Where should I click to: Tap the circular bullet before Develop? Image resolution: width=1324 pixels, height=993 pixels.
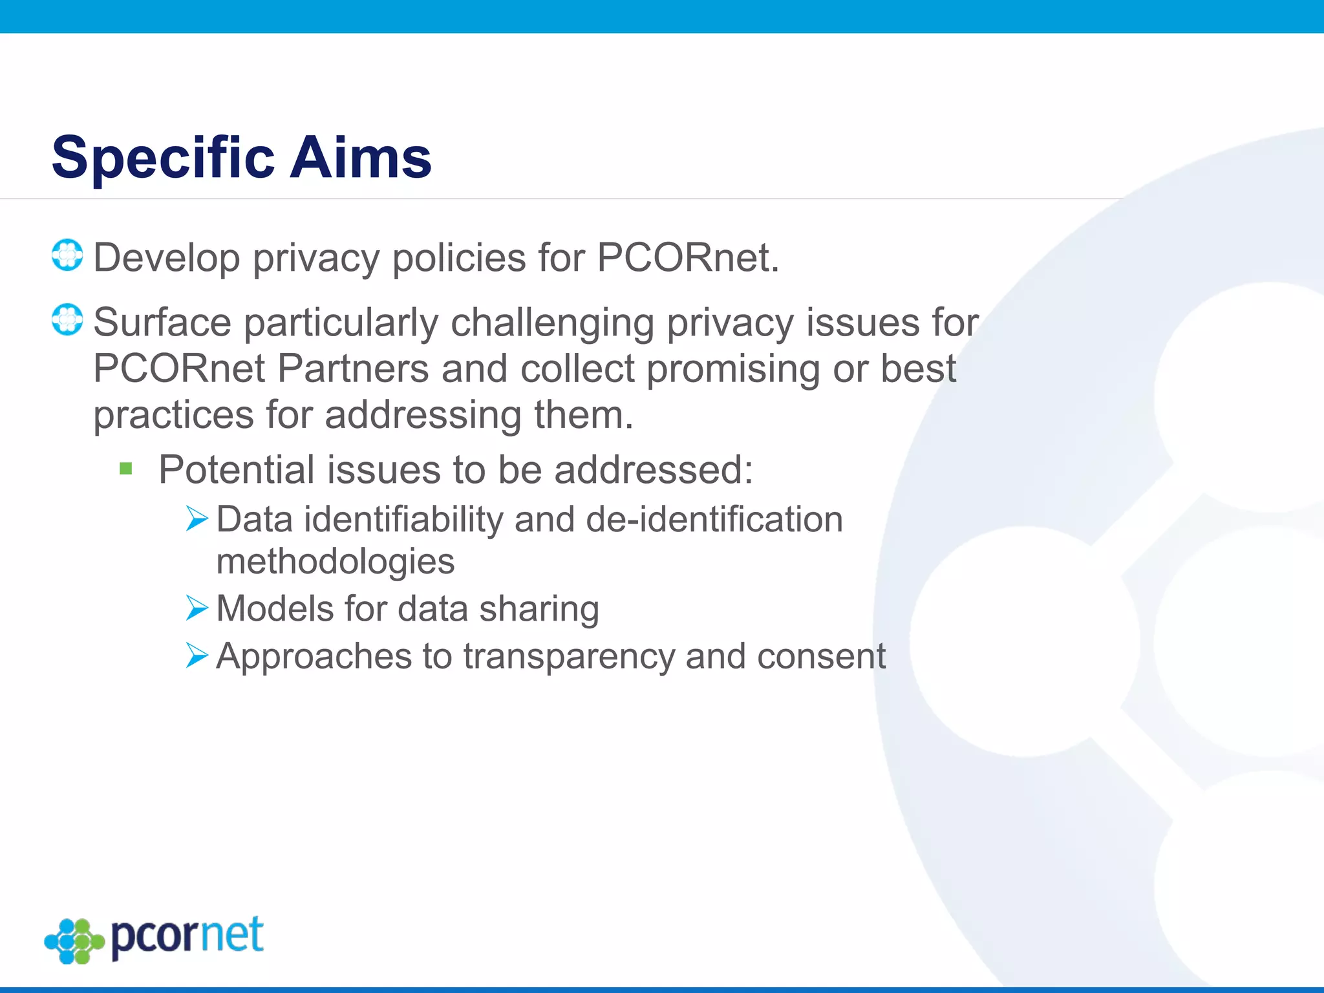[67, 255]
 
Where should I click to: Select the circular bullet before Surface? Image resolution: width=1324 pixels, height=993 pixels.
[67, 320]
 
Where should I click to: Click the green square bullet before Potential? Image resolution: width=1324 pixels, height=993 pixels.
[126, 468]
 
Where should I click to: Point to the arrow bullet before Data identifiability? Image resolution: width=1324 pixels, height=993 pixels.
[197, 518]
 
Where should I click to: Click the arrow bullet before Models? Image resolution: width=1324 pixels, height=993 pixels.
[197, 608]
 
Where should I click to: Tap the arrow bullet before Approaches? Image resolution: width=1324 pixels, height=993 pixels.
[197, 656]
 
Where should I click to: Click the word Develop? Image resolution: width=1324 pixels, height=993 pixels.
[166, 259]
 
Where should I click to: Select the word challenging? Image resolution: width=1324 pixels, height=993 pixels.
[552, 323]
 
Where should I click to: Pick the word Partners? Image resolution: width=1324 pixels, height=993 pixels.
[353, 369]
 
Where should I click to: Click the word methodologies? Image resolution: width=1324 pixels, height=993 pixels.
[336, 561]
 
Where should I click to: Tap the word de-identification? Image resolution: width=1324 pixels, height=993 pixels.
[714, 519]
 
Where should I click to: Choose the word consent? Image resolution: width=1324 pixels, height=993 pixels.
[821, 657]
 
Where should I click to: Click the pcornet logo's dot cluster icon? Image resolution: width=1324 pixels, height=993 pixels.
[74, 941]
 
